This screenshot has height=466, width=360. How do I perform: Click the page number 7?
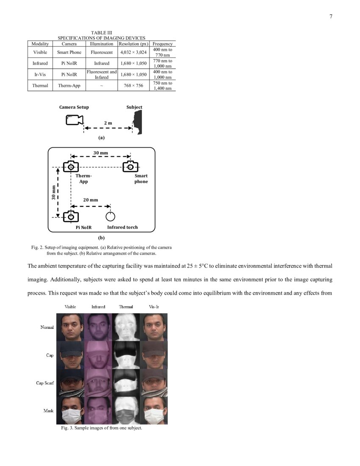331,17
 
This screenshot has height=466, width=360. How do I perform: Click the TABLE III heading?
101,33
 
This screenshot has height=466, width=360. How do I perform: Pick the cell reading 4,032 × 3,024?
133,53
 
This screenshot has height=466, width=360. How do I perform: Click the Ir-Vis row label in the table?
40,75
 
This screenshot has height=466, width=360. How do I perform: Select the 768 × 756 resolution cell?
133,86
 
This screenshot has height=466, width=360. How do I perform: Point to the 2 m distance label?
108,123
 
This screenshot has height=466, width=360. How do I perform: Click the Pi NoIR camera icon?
71,217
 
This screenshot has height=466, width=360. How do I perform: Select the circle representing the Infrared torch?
110,217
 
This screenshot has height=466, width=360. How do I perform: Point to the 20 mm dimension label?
90,200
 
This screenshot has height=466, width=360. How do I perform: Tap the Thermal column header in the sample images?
126,307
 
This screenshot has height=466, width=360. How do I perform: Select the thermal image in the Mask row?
126,411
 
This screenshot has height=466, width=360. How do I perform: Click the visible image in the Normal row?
70,327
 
